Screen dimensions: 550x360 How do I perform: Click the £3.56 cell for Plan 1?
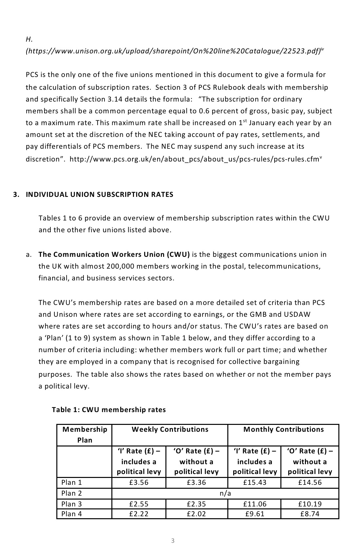[139, 483]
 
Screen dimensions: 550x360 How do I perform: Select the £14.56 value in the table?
[310, 483]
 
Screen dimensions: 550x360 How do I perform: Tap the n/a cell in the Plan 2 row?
[225, 493]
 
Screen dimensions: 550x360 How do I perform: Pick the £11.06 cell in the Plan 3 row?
[255, 504]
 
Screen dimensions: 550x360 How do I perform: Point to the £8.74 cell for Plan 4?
[310, 514]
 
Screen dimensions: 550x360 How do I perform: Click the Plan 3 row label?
[71, 504]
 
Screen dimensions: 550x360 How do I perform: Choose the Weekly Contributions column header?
[170, 429]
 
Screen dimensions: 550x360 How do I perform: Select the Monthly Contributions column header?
[283, 429]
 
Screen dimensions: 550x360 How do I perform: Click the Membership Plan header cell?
[85, 435]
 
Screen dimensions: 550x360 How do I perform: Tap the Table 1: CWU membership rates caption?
[109, 410]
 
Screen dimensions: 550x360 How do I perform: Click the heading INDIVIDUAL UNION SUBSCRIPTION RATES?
[100, 195]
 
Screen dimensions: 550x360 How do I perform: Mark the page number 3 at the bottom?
[173, 541]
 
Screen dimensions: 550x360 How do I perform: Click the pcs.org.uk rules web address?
[195, 159]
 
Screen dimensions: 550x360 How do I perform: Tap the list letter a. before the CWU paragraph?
[28, 255]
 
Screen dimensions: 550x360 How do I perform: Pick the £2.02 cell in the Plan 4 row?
[197, 514]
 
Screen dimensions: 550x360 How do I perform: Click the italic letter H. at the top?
[29, 39]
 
